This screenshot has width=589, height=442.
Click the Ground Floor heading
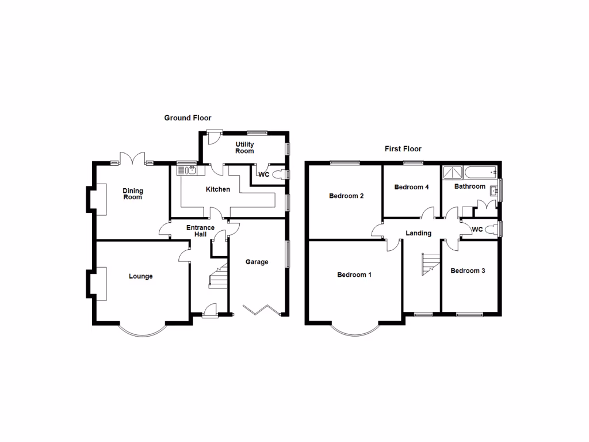188,118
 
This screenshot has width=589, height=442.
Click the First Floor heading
403,149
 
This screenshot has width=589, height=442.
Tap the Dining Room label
132,194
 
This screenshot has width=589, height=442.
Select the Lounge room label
140,276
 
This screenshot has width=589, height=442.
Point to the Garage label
257,262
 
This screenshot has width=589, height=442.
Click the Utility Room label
244,147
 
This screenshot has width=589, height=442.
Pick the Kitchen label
218,189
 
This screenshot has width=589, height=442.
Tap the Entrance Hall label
200,231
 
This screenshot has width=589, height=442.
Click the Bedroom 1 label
354,275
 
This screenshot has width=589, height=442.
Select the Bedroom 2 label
346,196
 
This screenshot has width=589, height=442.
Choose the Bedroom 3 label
468,270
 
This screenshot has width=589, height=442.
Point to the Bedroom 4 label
411,187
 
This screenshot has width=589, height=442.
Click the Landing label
418,233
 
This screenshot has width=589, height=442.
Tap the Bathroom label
470,186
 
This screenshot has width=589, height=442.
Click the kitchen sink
188,169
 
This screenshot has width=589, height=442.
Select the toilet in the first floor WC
491,230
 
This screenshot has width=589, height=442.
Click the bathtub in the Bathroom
480,172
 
